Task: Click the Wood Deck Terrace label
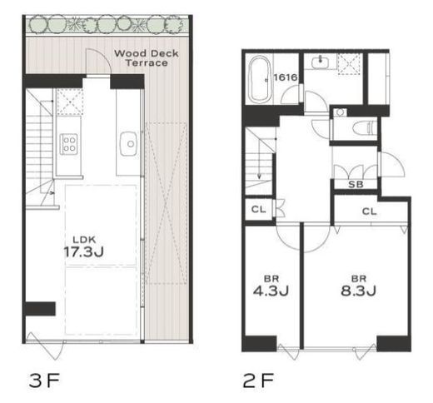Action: (147, 58)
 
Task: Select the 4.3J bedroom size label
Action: (271, 291)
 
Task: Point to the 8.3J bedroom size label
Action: (358, 291)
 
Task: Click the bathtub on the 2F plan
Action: (260, 79)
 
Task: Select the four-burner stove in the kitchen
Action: (69, 144)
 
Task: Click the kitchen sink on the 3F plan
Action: (128, 143)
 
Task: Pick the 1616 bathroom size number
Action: (286, 77)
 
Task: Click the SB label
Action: (356, 184)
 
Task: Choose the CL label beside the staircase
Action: (258, 209)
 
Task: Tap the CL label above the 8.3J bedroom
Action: (370, 211)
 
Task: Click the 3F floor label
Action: (44, 381)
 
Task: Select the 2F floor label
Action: (258, 381)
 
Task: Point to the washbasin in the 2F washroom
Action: (320, 62)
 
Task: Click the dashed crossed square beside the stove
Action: (70, 102)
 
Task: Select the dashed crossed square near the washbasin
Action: (350, 64)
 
